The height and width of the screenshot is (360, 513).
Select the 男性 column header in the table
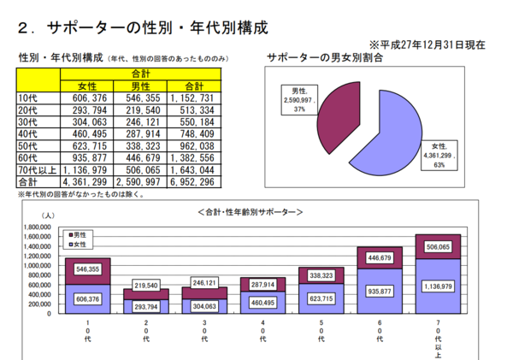tap(140, 86)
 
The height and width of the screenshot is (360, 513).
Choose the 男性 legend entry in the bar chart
tap(79, 233)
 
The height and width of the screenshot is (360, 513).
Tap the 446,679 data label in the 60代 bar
tap(380, 257)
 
